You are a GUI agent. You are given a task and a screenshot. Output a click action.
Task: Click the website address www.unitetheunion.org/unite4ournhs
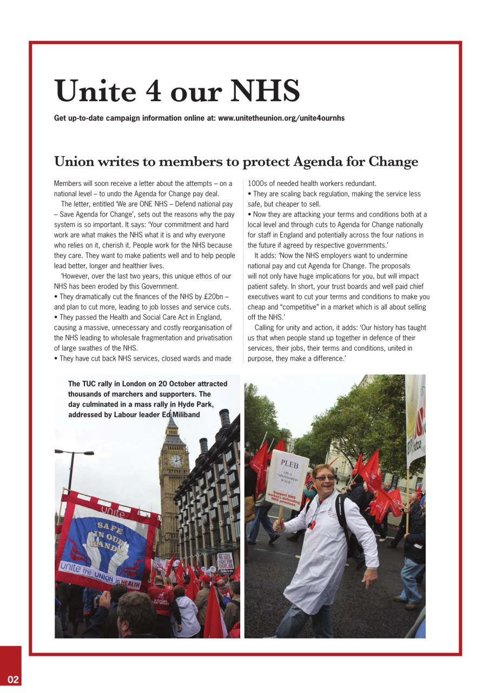click(x=281, y=118)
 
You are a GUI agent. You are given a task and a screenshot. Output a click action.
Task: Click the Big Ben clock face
click(x=176, y=460)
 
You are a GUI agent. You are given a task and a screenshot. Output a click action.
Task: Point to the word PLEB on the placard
click(x=289, y=464)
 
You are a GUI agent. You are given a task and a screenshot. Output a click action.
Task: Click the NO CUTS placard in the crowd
click(x=224, y=560)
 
